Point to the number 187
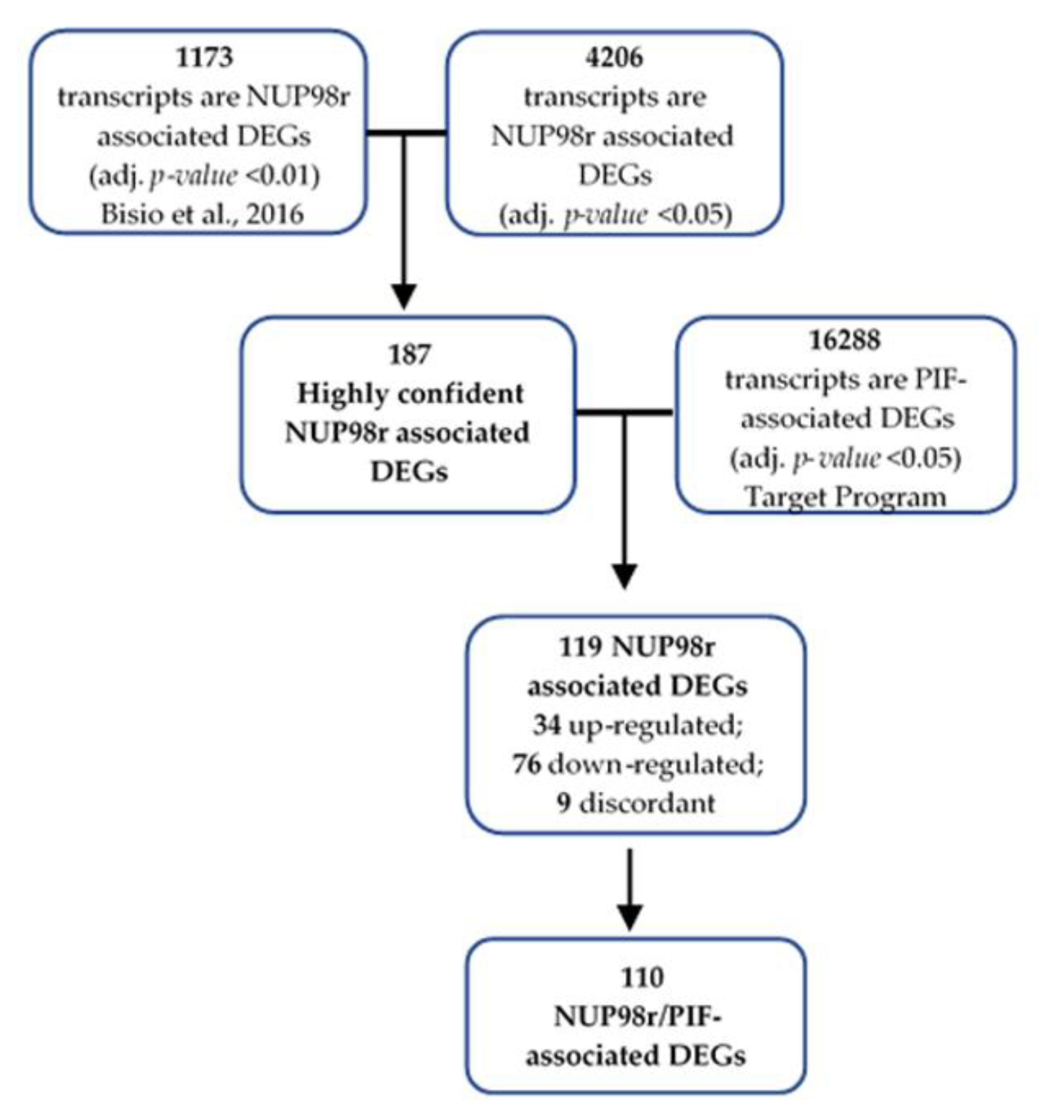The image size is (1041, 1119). pyautogui.click(x=409, y=354)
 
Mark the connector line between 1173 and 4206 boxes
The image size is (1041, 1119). pyautogui.click(x=407, y=133)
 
